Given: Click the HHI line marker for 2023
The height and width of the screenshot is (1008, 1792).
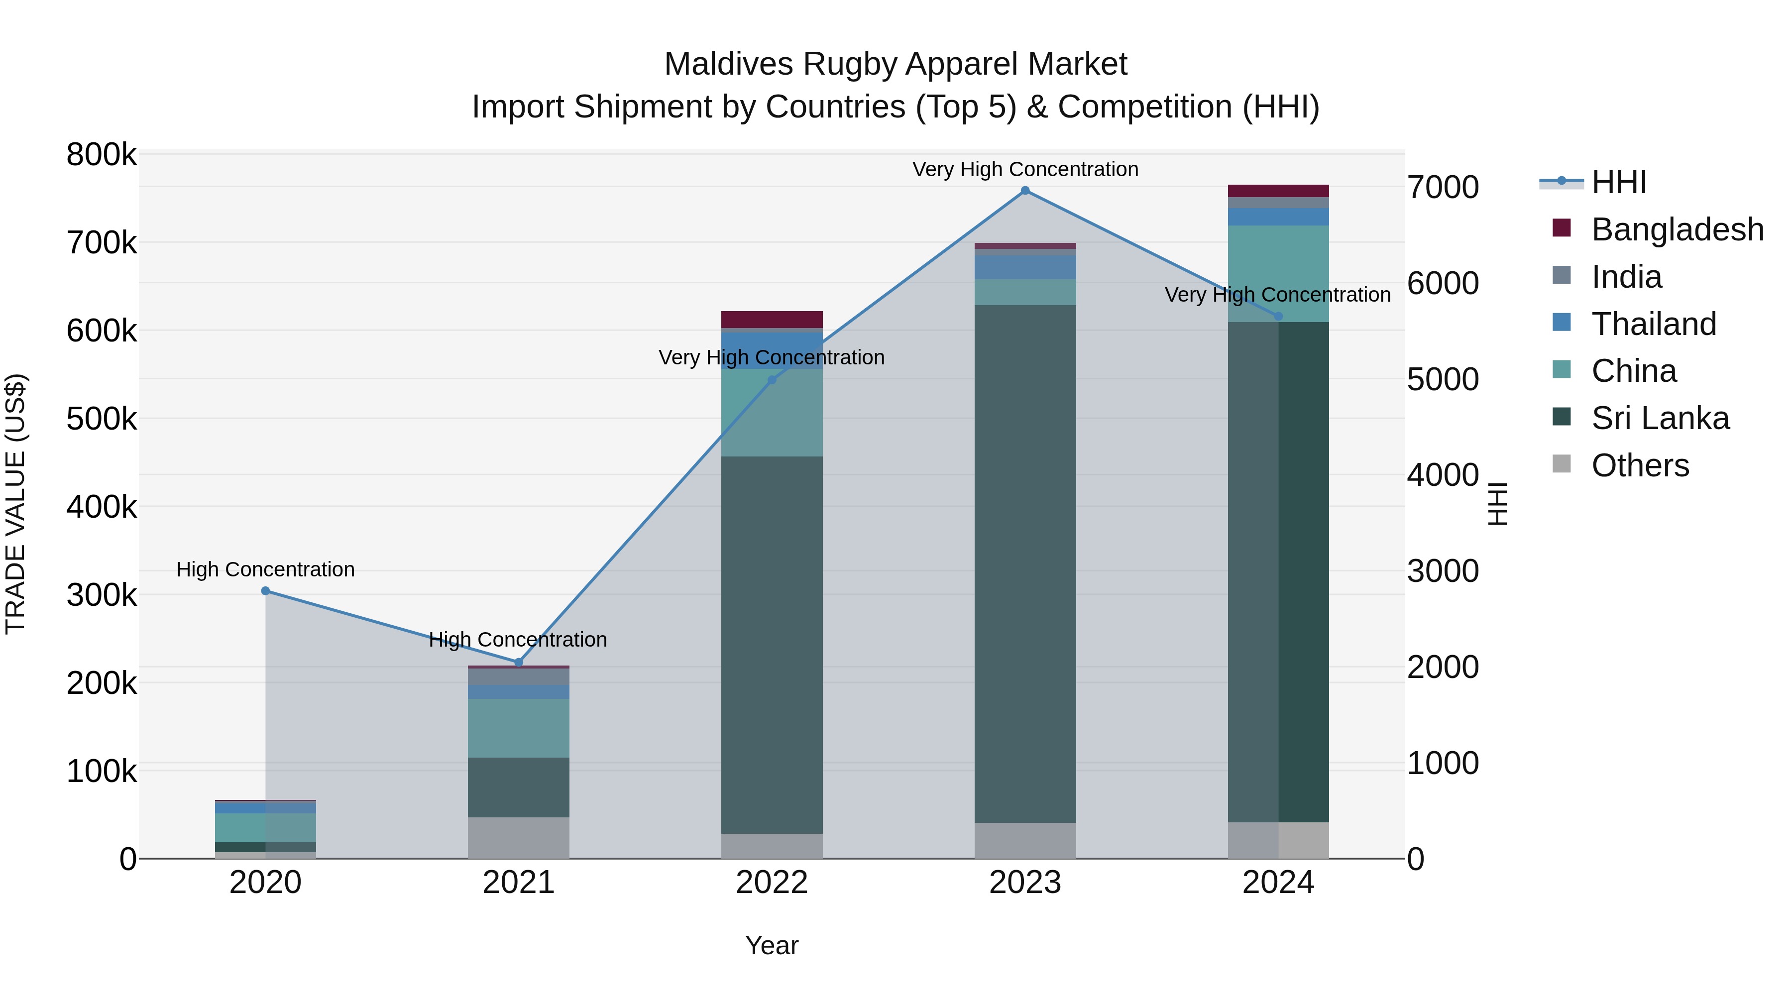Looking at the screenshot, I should coord(1025,191).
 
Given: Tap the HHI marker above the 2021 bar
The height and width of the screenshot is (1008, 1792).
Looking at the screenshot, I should coord(518,662).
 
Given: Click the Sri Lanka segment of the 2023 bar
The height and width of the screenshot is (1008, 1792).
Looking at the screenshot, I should coord(1025,563).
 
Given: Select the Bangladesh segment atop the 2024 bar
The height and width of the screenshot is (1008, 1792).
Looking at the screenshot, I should coord(1278,191).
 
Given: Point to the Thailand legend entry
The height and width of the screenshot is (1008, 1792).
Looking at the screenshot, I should coord(1653,324).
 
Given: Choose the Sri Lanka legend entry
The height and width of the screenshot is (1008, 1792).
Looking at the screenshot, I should coord(1659,418).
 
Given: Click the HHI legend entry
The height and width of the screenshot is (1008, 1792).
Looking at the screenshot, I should coord(1618,182).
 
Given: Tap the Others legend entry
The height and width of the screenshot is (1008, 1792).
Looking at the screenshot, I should coord(1639,465).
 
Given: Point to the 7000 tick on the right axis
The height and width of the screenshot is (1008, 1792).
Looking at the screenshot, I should coord(1443,187).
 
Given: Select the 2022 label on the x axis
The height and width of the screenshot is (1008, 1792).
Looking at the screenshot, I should coord(772,883).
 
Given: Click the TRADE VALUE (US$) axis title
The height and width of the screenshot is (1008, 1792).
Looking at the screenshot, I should coord(16,504).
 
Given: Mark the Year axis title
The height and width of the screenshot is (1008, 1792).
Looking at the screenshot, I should coord(772,945).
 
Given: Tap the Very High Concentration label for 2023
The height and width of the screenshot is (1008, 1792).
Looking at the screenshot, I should coord(1025,169).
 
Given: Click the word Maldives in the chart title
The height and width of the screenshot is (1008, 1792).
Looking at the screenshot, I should coord(728,64).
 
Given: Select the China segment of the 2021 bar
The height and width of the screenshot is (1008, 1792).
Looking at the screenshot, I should coord(518,728).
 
